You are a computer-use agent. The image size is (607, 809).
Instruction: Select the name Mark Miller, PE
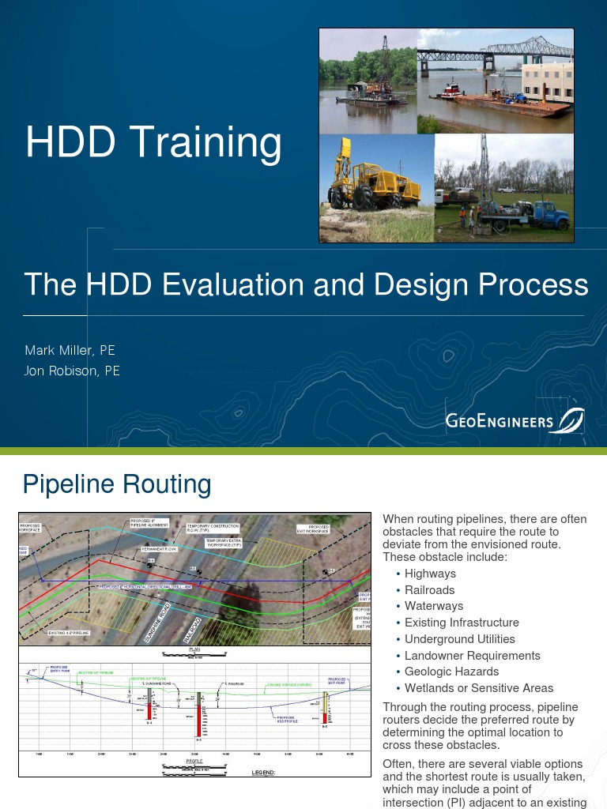click(x=70, y=350)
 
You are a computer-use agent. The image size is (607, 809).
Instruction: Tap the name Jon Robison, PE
click(x=72, y=370)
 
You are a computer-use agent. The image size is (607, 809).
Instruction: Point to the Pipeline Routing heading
click(x=117, y=484)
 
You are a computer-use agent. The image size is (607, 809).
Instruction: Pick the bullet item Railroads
click(x=430, y=589)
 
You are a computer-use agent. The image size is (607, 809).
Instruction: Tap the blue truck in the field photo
click(x=545, y=215)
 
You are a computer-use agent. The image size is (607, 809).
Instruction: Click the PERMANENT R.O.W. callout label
click(x=162, y=548)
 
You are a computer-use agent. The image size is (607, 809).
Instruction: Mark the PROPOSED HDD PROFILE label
click(x=286, y=719)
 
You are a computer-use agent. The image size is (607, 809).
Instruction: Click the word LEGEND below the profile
click(x=262, y=772)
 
